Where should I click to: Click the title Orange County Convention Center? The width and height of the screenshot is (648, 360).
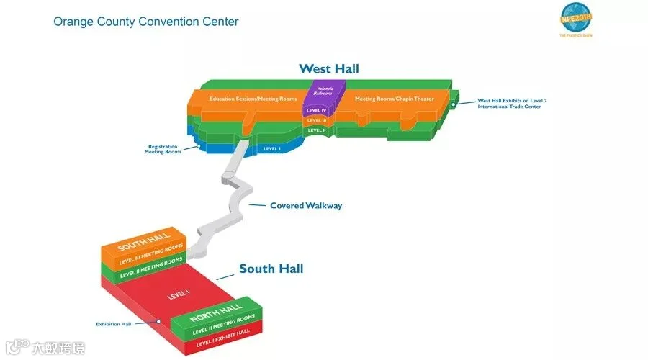[146, 22]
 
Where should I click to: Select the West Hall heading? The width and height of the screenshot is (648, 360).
[329, 69]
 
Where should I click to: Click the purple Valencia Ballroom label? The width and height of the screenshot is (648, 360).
[317, 91]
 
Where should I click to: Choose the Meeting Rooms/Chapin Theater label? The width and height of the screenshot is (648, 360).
[395, 99]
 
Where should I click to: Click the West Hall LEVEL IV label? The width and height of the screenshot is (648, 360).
[316, 110]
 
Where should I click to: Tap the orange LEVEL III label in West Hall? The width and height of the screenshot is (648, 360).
[317, 120]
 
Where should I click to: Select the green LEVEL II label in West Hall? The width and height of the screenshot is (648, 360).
[317, 130]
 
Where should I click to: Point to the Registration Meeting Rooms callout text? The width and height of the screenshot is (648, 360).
[162, 149]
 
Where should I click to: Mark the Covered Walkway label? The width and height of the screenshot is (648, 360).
[306, 206]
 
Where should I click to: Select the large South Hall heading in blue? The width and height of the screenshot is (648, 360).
[271, 269]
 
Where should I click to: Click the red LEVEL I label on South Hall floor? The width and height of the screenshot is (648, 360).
[177, 294]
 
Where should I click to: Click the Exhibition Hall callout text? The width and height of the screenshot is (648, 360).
[114, 324]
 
